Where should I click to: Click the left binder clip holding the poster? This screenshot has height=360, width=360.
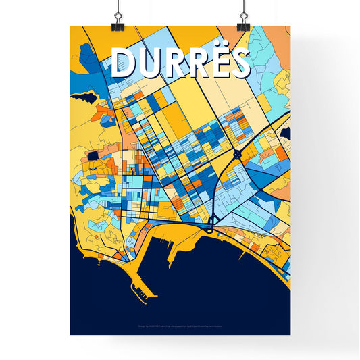click(x=118, y=18)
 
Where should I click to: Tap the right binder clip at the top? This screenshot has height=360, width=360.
click(x=242, y=18)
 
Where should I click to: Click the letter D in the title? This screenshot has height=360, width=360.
click(x=124, y=63)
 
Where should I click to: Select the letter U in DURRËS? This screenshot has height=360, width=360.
click(x=149, y=63)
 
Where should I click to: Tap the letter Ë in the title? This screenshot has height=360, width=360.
click(x=220, y=63)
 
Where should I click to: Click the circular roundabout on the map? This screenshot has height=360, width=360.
click(x=238, y=155)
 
